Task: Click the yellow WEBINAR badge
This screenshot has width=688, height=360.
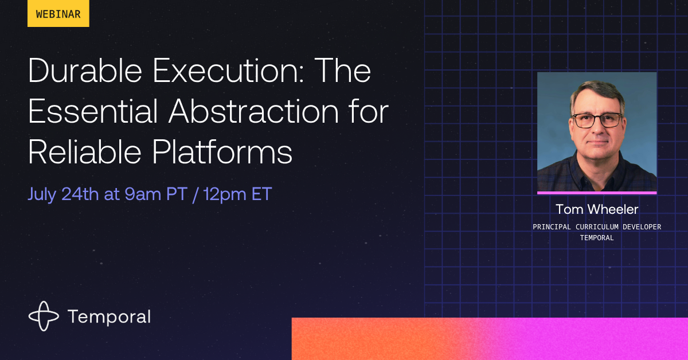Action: (58, 14)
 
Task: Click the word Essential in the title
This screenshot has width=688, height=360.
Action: (92, 112)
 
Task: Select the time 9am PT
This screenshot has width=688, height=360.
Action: (154, 194)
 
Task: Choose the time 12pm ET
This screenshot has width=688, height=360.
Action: (237, 194)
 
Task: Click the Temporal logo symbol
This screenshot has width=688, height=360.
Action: (44, 316)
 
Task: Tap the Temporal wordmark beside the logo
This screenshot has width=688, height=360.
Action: (109, 316)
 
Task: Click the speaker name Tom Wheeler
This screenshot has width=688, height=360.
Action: (596, 209)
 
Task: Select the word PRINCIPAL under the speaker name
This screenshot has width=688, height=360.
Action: (552, 227)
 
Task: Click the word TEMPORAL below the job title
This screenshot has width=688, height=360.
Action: (596, 238)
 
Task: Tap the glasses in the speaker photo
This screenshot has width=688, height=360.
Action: (597, 120)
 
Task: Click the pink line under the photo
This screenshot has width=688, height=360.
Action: (596, 193)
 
